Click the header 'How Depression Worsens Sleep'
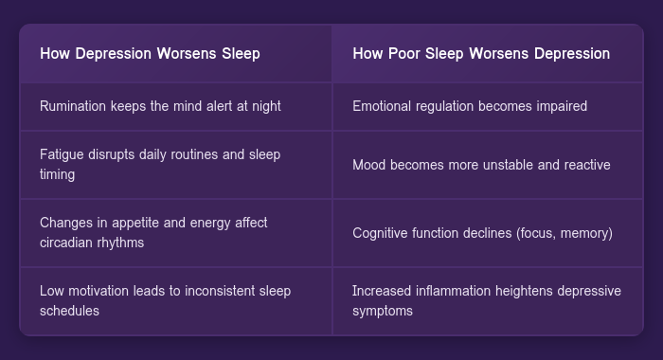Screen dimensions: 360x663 click(x=150, y=53)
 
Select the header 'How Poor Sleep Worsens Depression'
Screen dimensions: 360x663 click(x=480, y=53)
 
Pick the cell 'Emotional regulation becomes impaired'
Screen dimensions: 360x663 click(x=470, y=106)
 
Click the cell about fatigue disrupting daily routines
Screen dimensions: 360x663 click(x=160, y=164)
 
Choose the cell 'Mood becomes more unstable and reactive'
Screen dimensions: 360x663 click(x=481, y=164)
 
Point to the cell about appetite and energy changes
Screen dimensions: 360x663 click(x=153, y=232)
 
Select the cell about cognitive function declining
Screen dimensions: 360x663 click(x=482, y=232)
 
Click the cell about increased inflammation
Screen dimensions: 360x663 click(x=486, y=300)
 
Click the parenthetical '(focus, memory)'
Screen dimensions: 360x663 click(x=565, y=232)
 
